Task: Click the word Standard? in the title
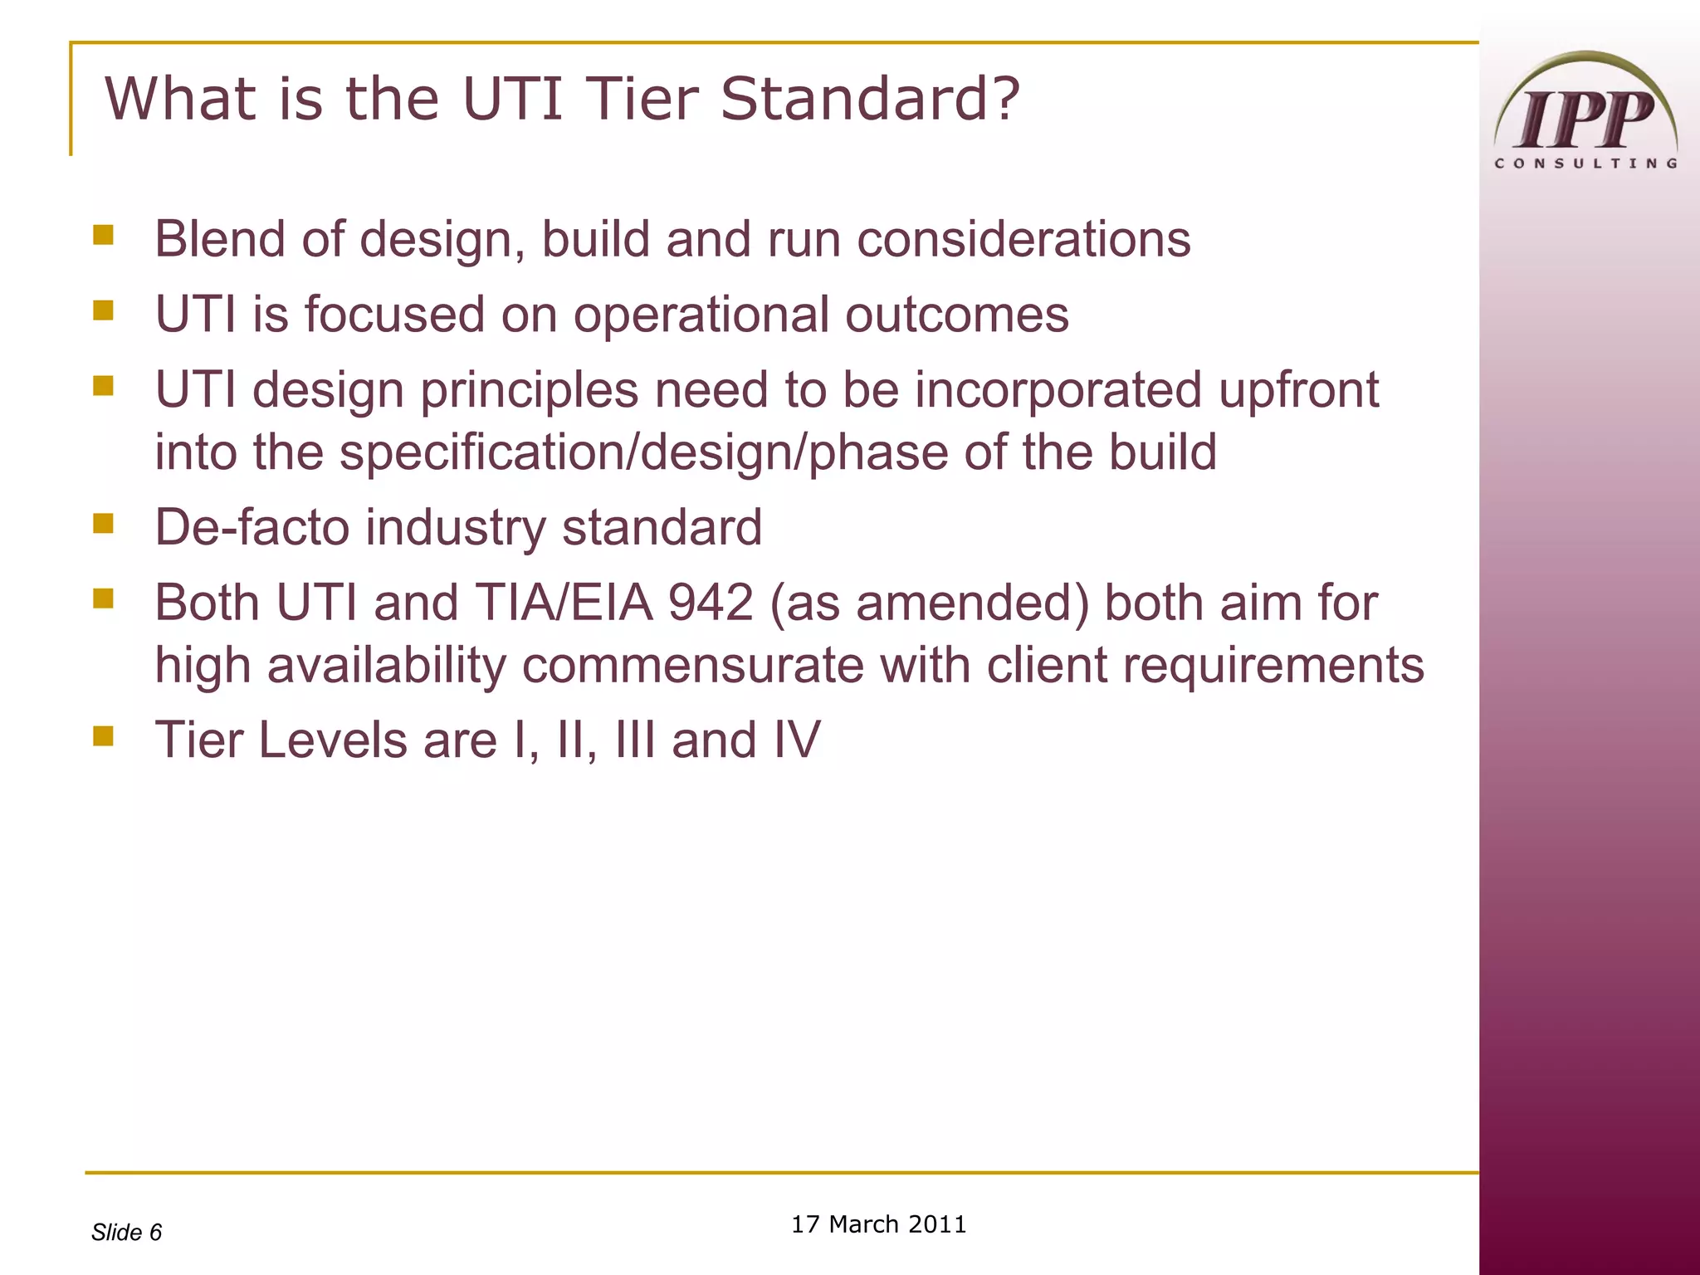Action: tap(869, 99)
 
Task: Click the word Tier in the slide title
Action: tap(641, 99)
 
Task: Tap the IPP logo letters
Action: tap(1585, 120)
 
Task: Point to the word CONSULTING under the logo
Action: tap(1585, 164)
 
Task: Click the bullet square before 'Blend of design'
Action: tap(104, 234)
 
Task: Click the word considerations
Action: tap(1023, 239)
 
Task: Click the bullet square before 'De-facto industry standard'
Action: tap(104, 523)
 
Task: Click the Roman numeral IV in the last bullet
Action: tap(796, 740)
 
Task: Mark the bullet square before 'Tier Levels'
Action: tap(104, 735)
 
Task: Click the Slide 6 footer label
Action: tap(126, 1232)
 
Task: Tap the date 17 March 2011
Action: tap(878, 1224)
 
